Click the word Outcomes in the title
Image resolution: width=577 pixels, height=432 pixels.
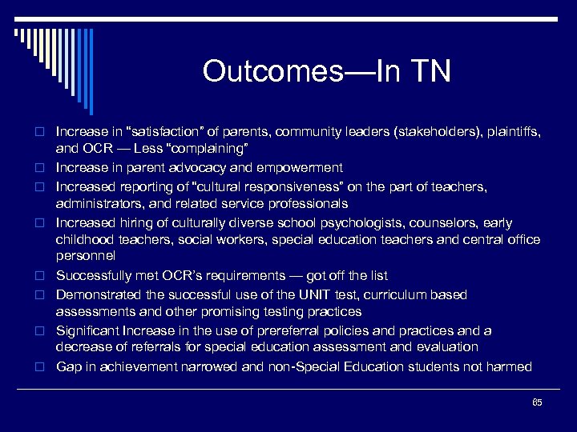coord(273,71)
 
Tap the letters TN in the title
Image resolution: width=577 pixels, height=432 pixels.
coord(430,71)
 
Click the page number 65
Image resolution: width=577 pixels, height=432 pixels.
coord(537,402)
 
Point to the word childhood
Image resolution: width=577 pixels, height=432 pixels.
coord(83,239)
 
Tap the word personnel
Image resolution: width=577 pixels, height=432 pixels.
coord(86,256)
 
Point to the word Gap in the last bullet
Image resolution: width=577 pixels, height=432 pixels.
coord(67,366)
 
